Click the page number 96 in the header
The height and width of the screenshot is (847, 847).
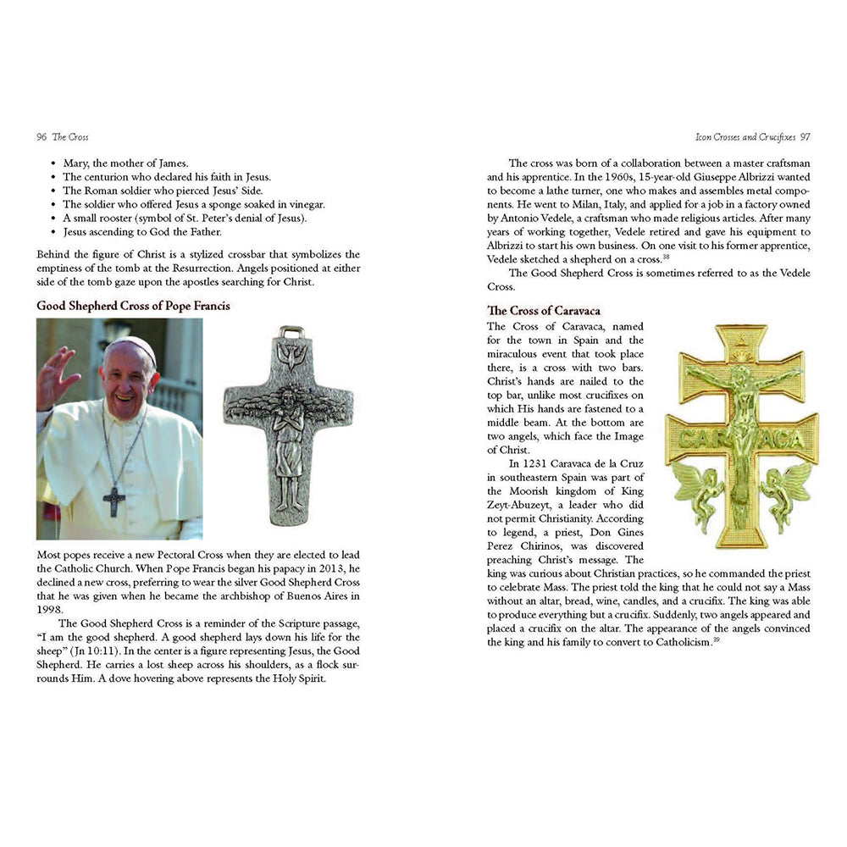pyautogui.click(x=41, y=137)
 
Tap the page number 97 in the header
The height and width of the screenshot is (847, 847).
pyautogui.click(x=805, y=137)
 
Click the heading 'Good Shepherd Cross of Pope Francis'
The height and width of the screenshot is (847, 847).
pyautogui.click(x=133, y=306)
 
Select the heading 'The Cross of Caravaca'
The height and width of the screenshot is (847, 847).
pyautogui.click(x=543, y=311)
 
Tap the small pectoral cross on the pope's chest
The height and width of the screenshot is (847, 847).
pyautogui.click(x=113, y=501)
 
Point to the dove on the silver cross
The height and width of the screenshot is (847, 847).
pyautogui.click(x=291, y=358)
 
